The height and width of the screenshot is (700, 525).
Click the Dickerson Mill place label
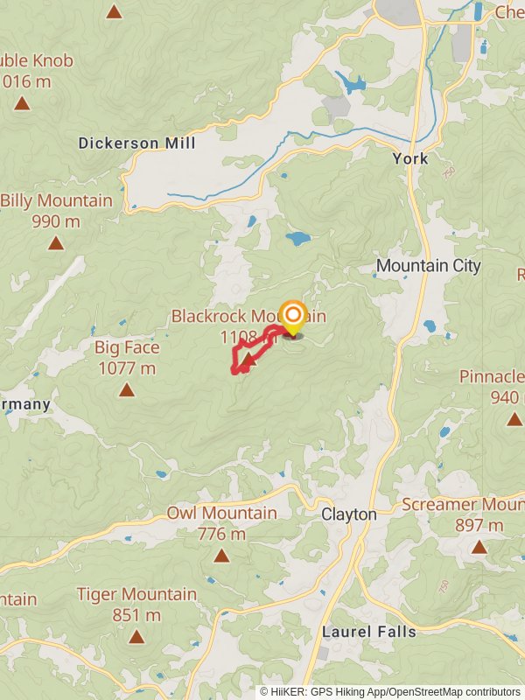136,143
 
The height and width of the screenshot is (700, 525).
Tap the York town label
410,158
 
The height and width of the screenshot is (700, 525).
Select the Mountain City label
428,265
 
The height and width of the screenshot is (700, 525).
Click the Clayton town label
348,514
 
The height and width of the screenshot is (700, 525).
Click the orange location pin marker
292,317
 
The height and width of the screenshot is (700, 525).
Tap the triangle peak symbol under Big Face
127,390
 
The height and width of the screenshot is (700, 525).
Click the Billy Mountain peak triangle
56,243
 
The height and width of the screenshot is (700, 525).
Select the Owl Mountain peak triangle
221,555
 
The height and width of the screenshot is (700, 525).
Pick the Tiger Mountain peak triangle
136,636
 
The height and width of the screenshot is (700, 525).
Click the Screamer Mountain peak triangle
479,547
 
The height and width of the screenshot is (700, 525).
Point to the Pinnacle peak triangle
514,419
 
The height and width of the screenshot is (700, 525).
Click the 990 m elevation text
56,221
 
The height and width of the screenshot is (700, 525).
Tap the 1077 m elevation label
127,368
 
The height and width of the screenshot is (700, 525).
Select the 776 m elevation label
221,534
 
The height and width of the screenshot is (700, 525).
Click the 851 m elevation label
136,615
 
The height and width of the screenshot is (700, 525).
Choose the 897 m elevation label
479,525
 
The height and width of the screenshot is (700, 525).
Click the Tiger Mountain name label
136,594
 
